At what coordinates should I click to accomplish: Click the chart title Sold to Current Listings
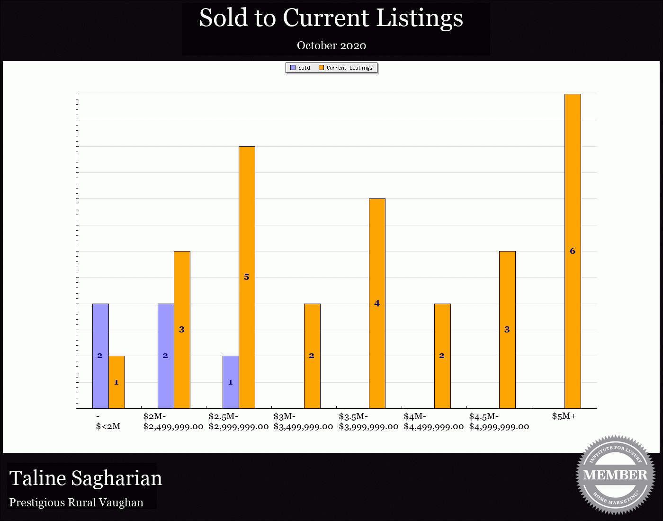click(331, 18)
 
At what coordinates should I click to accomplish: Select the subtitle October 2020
click(331, 45)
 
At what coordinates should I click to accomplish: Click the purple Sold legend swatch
click(293, 68)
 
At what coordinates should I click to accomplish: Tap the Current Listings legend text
click(349, 68)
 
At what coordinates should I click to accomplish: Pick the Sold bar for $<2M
click(100, 356)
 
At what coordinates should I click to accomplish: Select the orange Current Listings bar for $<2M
click(116, 382)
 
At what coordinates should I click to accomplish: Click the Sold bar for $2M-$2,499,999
click(166, 356)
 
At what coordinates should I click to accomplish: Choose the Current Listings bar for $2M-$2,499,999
click(182, 330)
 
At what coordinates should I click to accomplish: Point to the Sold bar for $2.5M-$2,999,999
click(231, 382)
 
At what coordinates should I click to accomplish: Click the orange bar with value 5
click(247, 277)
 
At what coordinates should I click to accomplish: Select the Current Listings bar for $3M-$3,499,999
click(312, 356)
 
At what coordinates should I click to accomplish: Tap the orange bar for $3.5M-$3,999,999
click(377, 303)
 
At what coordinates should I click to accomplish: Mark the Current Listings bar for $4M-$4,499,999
click(442, 356)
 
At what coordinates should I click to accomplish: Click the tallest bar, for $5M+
click(573, 251)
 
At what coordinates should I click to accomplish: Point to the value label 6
click(573, 251)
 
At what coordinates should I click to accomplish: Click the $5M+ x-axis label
click(564, 416)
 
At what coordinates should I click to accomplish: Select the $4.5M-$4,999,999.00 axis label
click(499, 422)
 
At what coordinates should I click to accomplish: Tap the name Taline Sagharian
click(86, 478)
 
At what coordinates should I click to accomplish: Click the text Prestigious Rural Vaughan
click(76, 503)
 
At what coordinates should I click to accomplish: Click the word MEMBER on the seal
click(615, 475)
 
